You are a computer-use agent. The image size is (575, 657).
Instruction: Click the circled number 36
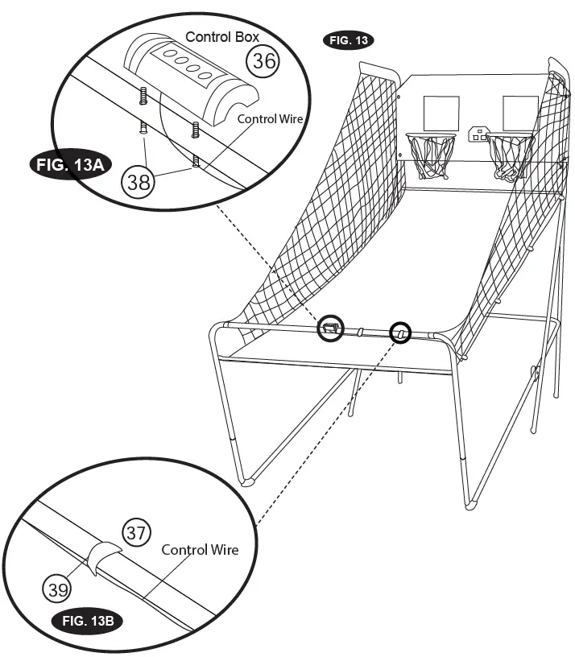262,60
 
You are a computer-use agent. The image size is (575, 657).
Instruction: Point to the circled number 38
139,183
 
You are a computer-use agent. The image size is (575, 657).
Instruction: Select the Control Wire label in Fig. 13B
200,550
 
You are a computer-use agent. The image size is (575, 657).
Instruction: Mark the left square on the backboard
441,114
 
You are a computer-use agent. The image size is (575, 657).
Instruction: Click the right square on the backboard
519,112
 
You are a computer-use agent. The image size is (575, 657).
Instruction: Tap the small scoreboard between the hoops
481,134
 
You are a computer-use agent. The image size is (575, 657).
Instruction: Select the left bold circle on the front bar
329,327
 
